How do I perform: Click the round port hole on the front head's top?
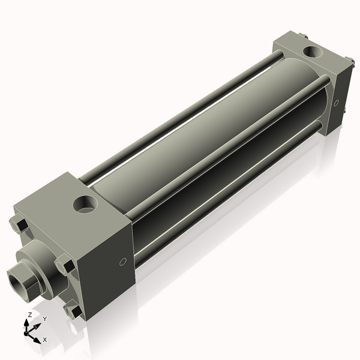click(x=85, y=205)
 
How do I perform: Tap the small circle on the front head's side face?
click(x=123, y=262)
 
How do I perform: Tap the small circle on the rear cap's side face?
click(x=336, y=101)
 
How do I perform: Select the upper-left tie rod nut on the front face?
click(x=19, y=226)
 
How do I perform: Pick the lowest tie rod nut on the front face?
click(x=73, y=311)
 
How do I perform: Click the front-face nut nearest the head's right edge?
click(x=64, y=265)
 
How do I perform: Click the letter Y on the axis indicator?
click(x=44, y=319)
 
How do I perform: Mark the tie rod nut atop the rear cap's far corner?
click(x=303, y=36)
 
